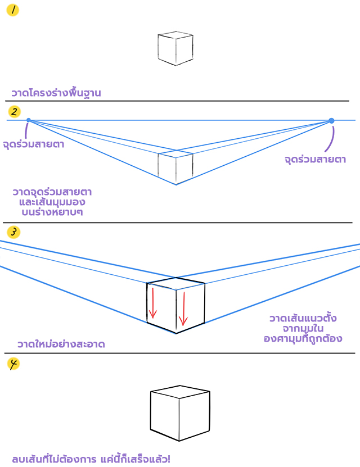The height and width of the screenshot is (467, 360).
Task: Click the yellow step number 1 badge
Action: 12,10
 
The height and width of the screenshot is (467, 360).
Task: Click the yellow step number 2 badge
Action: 14,112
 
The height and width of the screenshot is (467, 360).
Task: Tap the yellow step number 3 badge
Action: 13,232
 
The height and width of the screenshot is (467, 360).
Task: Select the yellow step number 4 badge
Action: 13,364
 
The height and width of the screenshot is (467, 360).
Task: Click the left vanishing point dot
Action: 29,120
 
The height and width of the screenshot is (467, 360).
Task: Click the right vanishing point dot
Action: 331,121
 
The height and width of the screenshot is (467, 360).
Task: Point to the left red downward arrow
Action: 153,302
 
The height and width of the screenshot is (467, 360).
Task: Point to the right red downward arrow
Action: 183,309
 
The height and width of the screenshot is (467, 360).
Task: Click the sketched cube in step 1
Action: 175,48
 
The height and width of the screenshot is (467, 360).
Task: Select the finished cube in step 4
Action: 180,413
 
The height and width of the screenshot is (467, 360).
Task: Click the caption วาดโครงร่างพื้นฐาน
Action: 56,93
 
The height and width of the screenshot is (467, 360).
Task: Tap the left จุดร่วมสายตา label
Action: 34,144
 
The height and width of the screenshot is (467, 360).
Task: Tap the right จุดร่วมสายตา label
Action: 316,160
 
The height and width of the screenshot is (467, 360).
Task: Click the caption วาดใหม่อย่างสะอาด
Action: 61,344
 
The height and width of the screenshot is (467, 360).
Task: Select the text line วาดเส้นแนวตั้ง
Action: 303,318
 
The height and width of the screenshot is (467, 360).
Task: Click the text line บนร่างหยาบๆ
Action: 52,212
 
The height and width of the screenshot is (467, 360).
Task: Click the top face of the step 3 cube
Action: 176,283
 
